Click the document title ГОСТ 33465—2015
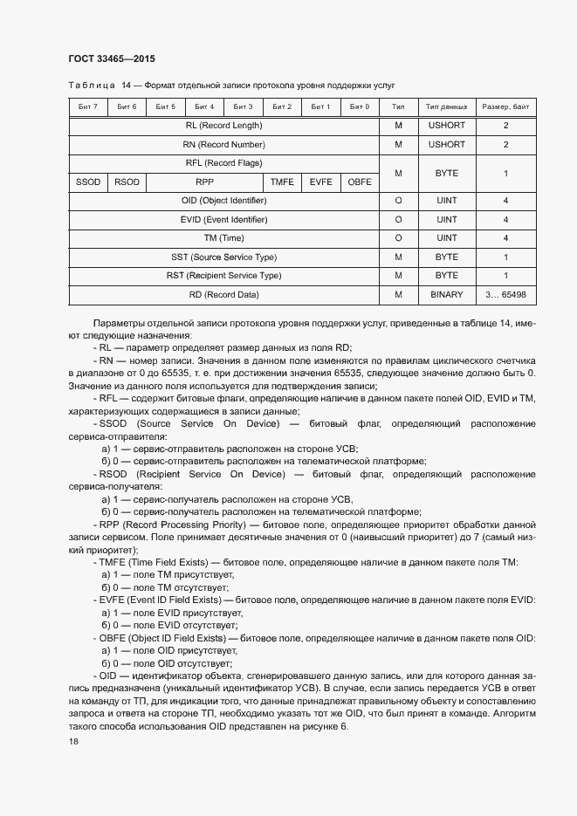tap(111, 59)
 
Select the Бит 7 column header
tap(88, 106)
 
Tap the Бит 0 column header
tap(360, 106)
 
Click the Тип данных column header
tap(446, 106)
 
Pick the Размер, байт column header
tap(505, 106)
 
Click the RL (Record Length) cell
tap(223, 126)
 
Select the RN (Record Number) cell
tap(223, 144)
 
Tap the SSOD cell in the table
tap(88, 182)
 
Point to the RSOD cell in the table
tap(127, 182)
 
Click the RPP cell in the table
tap(204, 182)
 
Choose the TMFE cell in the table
tap(282, 182)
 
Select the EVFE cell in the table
tap(320, 182)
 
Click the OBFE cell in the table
tap(360, 182)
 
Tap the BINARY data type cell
tap(446, 295)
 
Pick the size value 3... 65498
tap(505, 295)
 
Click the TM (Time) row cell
tap(223, 238)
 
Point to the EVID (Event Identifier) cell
tap(223, 220)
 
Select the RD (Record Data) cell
tap(223, 295)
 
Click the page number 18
tap(73, 741)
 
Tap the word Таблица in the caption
tap(91, 86)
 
